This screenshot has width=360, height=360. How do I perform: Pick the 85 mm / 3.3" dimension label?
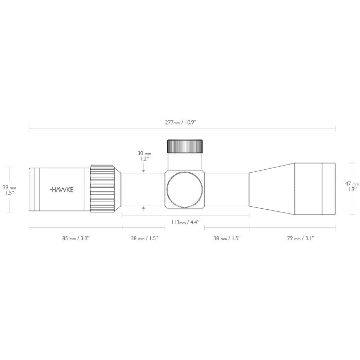75,238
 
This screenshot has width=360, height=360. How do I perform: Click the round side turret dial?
185,189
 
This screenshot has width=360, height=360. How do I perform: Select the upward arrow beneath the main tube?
143,207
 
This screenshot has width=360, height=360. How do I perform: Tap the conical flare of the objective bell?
272,189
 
